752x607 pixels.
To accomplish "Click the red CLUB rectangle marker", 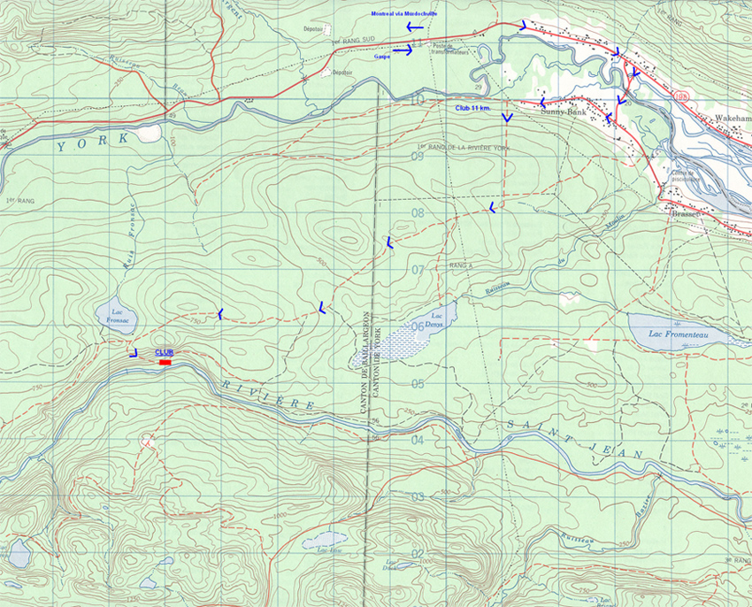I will coord(164,362).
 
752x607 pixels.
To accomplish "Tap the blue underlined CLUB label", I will coord(164,352).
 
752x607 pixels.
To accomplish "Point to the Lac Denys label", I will coord(435,321).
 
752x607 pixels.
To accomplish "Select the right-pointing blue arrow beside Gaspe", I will coord(403,50).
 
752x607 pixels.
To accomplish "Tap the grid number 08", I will coord(418,212).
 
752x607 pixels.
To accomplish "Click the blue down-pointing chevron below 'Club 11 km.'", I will coord(507,118).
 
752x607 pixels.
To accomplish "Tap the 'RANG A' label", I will coord(457,265).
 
